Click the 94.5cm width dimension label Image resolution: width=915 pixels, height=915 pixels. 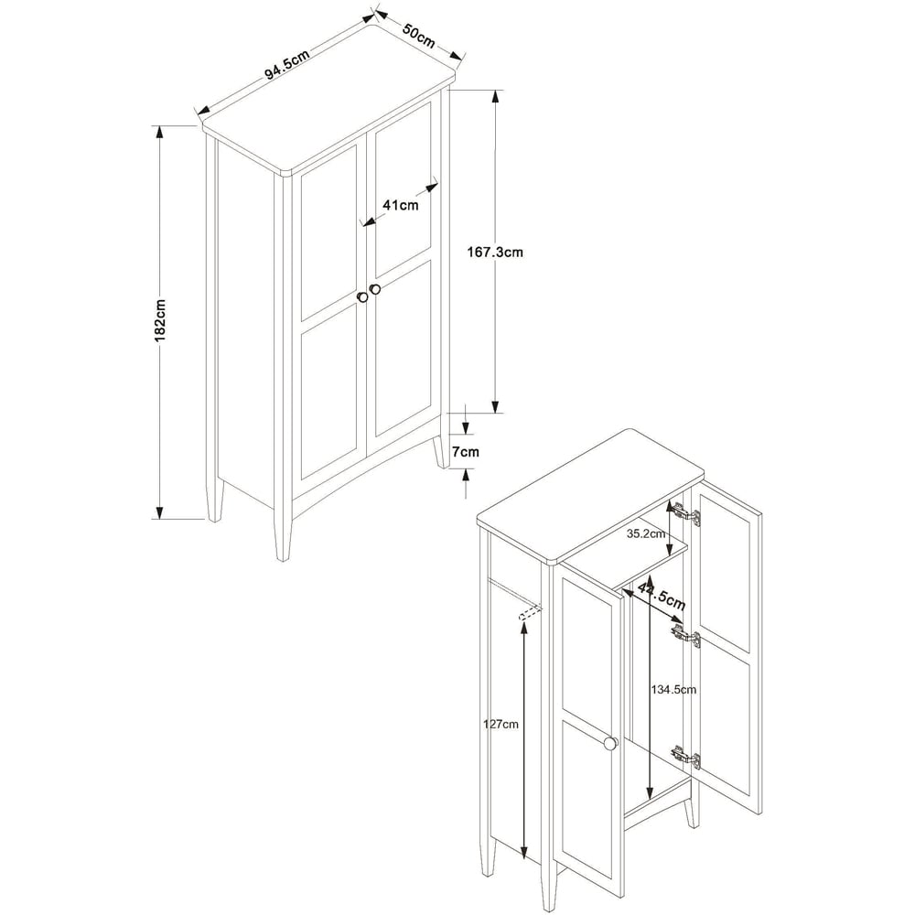point(287,64)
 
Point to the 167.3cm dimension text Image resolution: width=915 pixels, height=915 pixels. point(495,253)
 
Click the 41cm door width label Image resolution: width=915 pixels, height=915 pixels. point(401,205)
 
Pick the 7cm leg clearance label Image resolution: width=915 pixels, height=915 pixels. point(466,452)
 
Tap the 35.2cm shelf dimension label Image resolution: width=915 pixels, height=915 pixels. point(646,533)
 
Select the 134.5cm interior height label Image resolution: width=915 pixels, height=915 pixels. point(673,690)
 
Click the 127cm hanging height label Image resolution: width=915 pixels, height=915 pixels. point(501,725)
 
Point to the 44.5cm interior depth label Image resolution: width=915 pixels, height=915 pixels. point(662,596)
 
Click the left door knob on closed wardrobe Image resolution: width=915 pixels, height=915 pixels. point(362,297)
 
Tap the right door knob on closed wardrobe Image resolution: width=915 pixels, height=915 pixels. point(374,289)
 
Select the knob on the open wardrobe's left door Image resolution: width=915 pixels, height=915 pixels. point(610,743)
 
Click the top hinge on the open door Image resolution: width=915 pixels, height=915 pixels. point(685,513)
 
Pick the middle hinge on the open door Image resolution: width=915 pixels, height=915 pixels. point(686,635)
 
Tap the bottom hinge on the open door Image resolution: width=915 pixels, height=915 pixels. point(686,757)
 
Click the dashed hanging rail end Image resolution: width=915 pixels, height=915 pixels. point(528,612)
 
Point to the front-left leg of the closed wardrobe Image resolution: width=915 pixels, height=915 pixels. point(283,540)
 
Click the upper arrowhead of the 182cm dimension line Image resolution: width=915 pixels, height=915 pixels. point(158,133)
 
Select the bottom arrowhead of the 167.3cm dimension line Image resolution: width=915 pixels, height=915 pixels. point(495,405)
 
